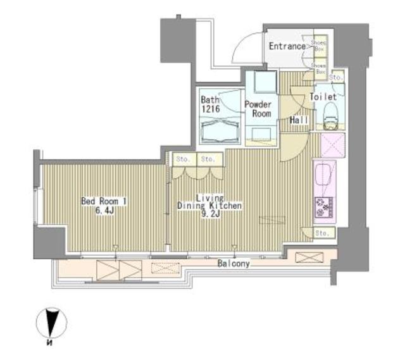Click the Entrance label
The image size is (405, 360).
coord(287,46)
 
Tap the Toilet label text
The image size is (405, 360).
coord(323,97)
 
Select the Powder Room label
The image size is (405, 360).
coord(259,109)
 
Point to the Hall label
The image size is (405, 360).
coord(299,120)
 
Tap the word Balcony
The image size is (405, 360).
coord(234,263)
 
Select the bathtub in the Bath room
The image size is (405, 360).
coord(220,132)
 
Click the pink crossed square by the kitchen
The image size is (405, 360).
coord(331,145)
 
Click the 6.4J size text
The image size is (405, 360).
coord(104,211)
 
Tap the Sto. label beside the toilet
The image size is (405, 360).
coord(336,78)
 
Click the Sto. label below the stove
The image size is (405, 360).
coord(322,234)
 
